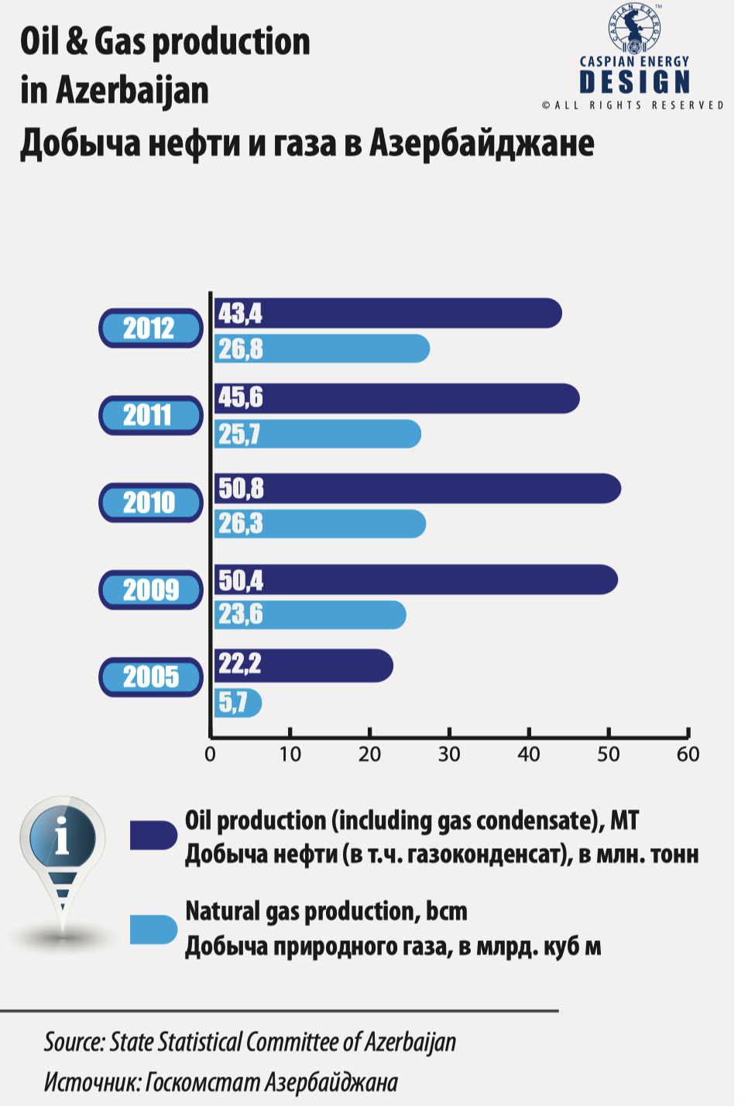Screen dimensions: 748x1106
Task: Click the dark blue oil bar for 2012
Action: click(388, 313)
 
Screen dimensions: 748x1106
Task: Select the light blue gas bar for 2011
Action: click(317, 434)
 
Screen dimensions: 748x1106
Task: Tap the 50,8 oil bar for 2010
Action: click(417, 488)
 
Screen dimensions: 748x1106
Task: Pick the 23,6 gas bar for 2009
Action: click(310, 615)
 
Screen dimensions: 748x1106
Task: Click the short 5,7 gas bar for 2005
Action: click(238, 702)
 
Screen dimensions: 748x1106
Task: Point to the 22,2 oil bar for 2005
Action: click(304, 665)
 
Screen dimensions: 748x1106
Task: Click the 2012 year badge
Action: click(150, 328)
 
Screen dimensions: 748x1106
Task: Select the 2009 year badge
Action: click(150, 589)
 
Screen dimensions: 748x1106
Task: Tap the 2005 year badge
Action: click(150, 677)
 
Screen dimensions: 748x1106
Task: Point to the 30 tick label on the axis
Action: click(449, 754)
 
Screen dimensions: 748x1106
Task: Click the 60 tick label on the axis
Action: click(688, 754)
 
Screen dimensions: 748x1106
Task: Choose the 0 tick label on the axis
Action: click(211, 754)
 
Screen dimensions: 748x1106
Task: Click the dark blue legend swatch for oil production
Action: click(153, 835)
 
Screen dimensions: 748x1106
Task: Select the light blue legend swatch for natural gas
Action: click(153, 929)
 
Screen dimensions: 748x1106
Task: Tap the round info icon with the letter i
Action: click(62, 837)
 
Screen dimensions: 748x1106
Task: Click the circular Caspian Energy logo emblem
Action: click(634, 29)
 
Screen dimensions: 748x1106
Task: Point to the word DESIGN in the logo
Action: click(634, 82)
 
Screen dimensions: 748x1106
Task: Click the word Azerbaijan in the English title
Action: click(132, 91)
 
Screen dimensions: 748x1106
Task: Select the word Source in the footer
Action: click(74, 1042)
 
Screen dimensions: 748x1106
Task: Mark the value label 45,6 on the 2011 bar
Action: click(241, 397)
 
